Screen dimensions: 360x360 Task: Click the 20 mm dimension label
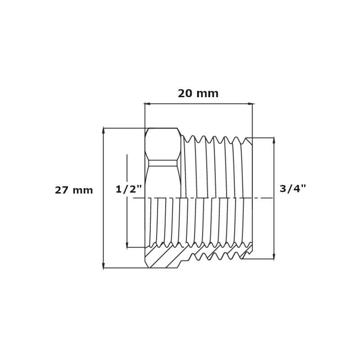198,94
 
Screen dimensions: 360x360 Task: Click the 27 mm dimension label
74,190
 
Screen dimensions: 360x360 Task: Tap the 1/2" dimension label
129,189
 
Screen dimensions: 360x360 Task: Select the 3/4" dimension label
292,189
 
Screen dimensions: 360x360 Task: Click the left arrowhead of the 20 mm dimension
147,104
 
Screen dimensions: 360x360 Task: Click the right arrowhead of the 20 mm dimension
250,104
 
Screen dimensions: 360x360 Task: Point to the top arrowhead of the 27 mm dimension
103,130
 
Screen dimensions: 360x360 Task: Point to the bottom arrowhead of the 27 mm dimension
103,265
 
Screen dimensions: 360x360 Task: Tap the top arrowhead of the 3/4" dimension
274,140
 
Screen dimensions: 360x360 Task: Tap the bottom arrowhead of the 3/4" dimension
274,256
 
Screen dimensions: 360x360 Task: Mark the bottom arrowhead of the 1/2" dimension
127,245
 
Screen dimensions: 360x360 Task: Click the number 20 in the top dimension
185,94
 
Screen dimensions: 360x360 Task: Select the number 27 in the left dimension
61,190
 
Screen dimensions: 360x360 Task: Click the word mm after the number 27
82,190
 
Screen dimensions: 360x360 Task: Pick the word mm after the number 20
207,94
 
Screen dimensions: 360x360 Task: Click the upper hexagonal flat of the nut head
163,144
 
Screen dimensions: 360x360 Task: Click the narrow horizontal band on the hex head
163,163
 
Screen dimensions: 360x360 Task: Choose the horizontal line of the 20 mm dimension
198,104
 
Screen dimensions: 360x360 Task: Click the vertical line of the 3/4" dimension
274,216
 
